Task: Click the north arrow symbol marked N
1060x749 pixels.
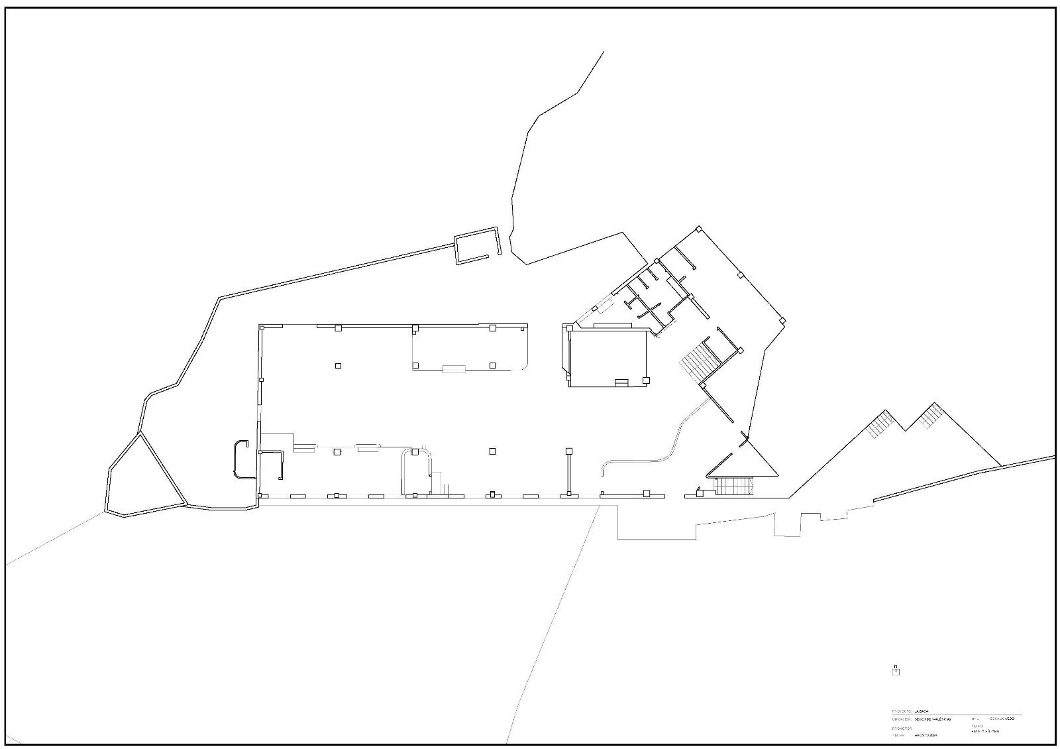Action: (896, 670)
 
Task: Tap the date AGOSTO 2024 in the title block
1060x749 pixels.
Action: (926, 734)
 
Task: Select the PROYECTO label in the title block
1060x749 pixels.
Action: (902, 711)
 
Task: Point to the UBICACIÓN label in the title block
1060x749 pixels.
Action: (902, 719)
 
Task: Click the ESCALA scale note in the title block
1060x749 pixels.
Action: (1002, 719)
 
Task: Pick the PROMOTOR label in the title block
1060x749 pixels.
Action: (902, 728)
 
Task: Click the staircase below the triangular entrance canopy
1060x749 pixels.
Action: (734, 486)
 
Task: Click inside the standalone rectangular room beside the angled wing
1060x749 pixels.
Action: (608, 358)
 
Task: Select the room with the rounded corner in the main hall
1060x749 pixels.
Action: (470, 348)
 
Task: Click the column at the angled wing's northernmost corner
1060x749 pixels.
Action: (698, 229)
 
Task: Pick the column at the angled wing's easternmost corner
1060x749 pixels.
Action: (782, 321)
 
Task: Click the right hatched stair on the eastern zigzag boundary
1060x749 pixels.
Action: (930, 416)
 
